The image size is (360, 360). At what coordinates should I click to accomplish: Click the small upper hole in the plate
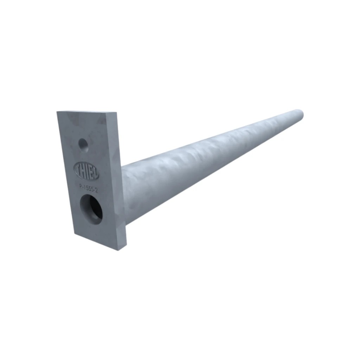83,145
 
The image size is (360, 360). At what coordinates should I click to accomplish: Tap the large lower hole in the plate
91,209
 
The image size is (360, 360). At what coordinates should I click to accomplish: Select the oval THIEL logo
86,171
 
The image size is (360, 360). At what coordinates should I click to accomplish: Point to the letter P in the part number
81,186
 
